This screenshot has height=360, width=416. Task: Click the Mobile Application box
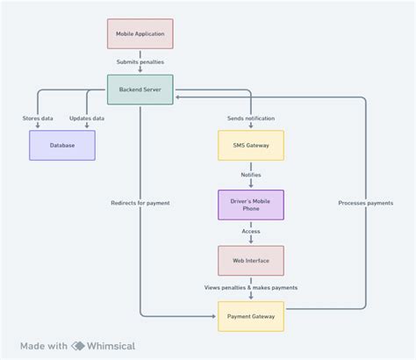point(140,33)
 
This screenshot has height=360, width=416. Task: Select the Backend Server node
point(140,89)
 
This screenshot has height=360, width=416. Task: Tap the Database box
point(62,145)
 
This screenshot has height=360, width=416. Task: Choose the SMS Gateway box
point(251,145)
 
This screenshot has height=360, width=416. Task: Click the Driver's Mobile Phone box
point(251,204)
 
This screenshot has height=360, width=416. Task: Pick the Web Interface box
point(251,260)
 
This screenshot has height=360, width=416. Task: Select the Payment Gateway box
point(251,316)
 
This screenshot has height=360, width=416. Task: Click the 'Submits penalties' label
point(140,61)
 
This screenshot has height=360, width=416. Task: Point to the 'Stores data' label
point(37,118)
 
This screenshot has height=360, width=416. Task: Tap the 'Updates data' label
point(87,118)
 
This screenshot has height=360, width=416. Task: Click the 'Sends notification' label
point(251,118)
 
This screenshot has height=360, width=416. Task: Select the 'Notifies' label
point(251,175)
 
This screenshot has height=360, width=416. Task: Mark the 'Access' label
point(251,232)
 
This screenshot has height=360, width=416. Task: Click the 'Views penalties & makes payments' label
point(251,287)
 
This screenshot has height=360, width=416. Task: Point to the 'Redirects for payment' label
point(140,203)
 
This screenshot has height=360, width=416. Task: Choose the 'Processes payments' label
point(365,203)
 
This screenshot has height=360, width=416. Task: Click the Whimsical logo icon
point(78,346)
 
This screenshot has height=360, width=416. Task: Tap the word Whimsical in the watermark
point(111,346)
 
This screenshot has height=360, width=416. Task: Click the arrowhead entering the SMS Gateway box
point(251,127)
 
